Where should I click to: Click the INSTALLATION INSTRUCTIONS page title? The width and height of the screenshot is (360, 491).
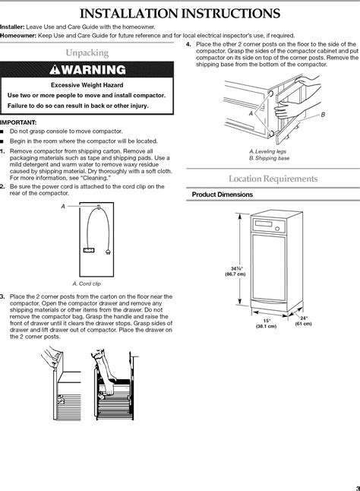point(180,14)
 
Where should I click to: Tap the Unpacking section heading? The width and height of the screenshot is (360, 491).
point(87,52)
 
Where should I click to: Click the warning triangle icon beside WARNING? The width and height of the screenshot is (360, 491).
point(55,69)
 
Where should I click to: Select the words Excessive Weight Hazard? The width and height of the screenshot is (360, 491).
point(87,85)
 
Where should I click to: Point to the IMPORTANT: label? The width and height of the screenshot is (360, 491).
point(18,122)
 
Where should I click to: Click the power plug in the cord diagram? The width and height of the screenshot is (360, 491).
point(108,252)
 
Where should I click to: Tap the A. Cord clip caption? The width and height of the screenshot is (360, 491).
point(87,284)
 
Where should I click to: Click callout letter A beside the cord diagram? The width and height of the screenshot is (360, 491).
point(63,207)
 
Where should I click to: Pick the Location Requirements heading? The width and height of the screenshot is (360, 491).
point(273,179)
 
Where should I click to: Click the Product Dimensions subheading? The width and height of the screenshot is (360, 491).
point(223,195)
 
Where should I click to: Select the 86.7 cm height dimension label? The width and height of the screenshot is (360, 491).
point(235,274)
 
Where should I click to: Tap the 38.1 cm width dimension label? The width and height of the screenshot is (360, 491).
point(266,326)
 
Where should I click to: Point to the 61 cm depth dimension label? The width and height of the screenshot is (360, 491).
point(303,324)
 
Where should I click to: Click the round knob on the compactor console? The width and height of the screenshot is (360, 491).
point(277,229)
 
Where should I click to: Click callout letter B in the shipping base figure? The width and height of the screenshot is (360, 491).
point(323,115)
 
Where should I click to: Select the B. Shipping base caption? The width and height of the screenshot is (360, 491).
point(270,158)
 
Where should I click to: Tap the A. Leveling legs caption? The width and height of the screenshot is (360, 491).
point(268,151)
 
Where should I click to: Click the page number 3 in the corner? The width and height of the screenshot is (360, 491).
point(358,488)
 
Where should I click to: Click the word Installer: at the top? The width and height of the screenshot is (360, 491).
point(12,27)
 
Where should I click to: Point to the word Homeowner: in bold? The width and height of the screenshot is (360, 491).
point(18,36)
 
